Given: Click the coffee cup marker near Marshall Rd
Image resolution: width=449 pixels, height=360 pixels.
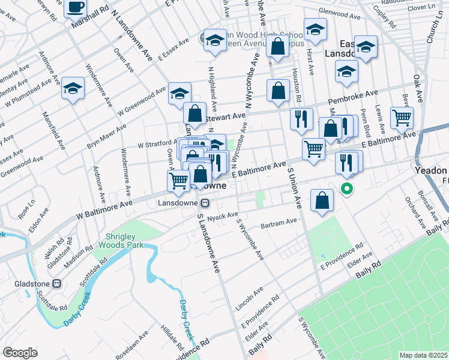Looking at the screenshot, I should click(x=76, y=7).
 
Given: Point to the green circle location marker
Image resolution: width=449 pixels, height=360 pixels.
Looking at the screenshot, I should click(x=347, y=190).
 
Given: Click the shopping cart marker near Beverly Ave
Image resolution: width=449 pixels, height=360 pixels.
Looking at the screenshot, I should click(x=402, y=117).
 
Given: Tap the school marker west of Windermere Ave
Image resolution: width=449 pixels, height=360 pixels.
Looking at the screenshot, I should click(x=73, y=89).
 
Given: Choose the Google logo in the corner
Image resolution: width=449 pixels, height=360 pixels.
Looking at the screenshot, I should click(x=20, y=353).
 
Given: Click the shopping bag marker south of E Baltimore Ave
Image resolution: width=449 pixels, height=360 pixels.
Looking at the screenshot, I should click(x=322, y=201).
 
